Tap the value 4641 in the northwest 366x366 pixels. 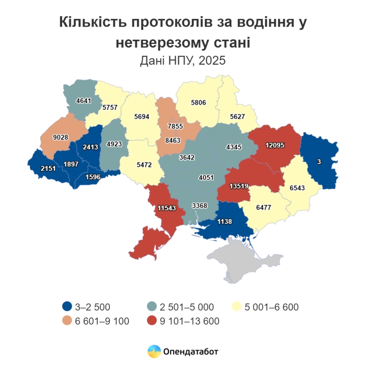click(x=84, y=100)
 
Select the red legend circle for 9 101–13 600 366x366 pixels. click(x=153, y=321)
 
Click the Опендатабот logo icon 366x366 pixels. click(x=154, y=351)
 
